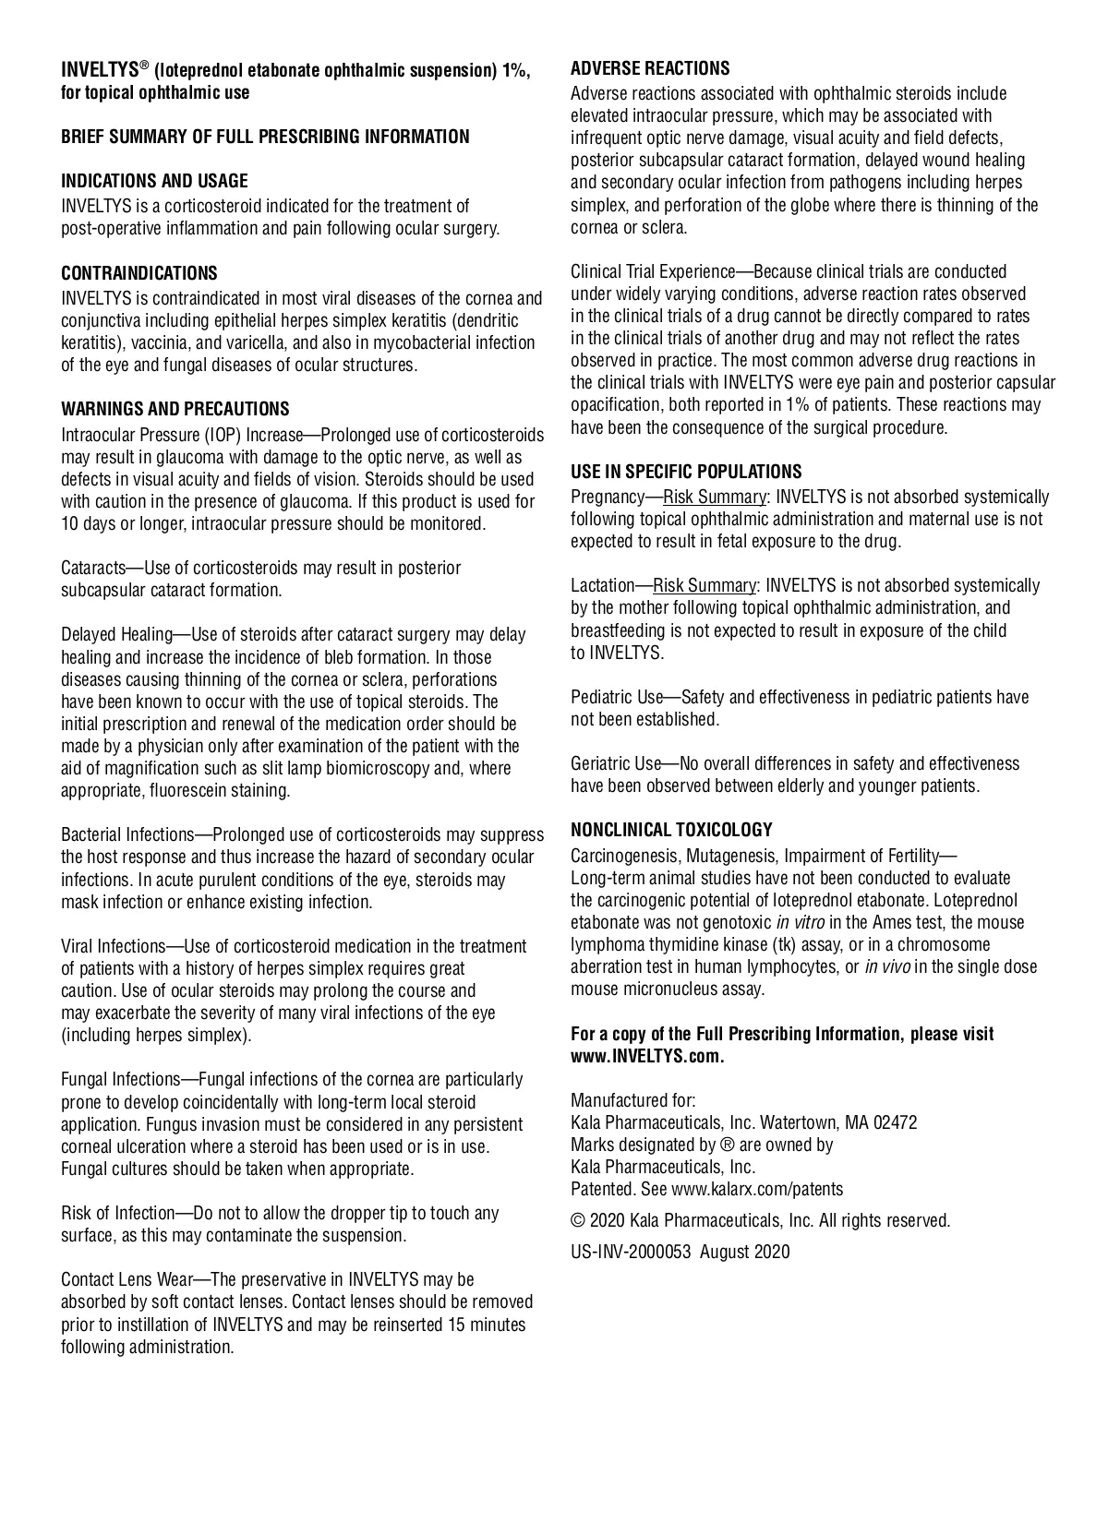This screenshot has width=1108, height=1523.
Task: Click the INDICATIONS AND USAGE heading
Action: [154, 181]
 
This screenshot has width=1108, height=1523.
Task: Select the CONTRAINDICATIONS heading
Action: [139, 273]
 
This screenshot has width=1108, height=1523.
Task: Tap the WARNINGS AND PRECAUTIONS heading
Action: [175, 409]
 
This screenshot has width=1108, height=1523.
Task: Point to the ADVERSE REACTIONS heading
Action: [650, 68]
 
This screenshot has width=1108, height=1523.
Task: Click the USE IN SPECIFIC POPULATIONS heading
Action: [686, 472]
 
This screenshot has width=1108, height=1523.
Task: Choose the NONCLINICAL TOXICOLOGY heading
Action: [671, 830]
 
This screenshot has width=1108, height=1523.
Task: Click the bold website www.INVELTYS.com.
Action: [646, 1057]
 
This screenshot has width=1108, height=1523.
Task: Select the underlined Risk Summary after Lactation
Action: [705, 586]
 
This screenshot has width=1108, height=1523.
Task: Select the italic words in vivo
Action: [886, 967]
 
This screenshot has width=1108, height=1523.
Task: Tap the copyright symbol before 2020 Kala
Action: [578, 1221]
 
